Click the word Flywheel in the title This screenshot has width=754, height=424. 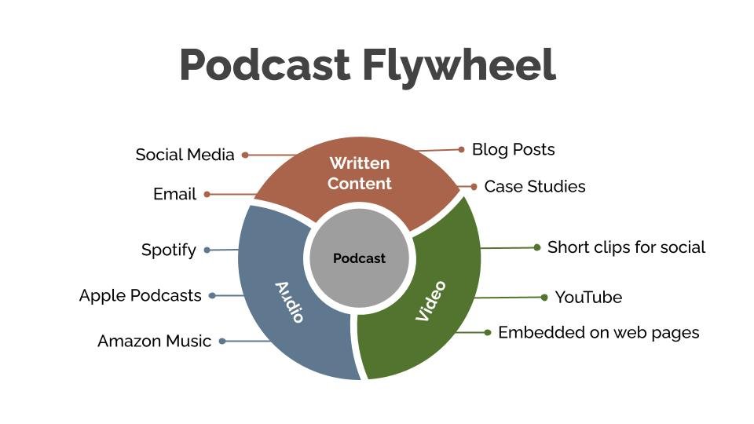click(459, 65)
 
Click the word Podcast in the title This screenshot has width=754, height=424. click(264, 65)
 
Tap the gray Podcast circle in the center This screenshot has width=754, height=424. click(360, 258)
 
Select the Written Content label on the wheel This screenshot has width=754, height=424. click(359, 174)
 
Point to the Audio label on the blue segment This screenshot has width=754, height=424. click(289, 302)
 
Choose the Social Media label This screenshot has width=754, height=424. click(185, 155)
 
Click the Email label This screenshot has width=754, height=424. click(174, 194)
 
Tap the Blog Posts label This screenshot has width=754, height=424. click(513, 149)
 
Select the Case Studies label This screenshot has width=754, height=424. click(534, 187)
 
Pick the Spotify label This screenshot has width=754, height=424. click(168, 250)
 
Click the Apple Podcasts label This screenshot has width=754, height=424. click(141, 296)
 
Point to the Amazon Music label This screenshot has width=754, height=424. click(154, 342)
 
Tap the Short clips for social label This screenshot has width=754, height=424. click(626, 247)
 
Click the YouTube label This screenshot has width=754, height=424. click(588, 298)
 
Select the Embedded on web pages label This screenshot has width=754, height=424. click(598, 332)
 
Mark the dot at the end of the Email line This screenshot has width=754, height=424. click(207, 194)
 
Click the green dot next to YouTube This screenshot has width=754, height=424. click(544, 298)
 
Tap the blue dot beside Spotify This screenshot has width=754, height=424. click(207, 250)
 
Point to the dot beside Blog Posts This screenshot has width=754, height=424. click(462, 149)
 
